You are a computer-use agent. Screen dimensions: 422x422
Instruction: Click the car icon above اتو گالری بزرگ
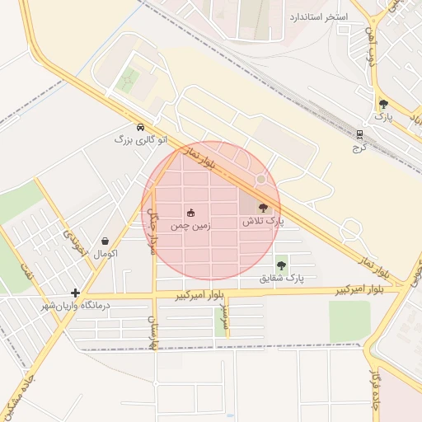tap(141, 128)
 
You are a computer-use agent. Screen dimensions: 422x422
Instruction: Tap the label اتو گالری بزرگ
tap(135, 140)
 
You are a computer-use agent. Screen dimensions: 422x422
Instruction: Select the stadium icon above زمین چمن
tap(191, 213)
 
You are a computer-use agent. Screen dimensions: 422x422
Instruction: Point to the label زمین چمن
tap(190, 225)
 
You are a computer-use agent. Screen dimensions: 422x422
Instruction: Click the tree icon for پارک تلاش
tap(263, 209)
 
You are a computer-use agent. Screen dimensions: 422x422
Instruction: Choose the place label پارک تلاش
tap(262, 222)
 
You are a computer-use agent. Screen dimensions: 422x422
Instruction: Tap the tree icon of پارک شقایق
tap(281, 265)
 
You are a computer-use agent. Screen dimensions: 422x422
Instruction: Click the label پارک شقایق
tap(281, 279)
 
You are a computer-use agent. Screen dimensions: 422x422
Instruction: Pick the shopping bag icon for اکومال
tap(105, 241)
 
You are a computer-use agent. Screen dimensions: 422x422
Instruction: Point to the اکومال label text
tap(105, 254)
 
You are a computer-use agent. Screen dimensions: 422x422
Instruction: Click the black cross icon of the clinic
tap(76, 293)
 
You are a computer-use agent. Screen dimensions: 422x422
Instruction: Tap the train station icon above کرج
tap(359, 134)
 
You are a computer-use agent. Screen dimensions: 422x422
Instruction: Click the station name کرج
tap(359, 147)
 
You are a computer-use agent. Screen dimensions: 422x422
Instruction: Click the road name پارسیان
tap(152, 332)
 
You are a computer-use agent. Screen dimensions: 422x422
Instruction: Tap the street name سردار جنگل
tap(152, 230)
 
